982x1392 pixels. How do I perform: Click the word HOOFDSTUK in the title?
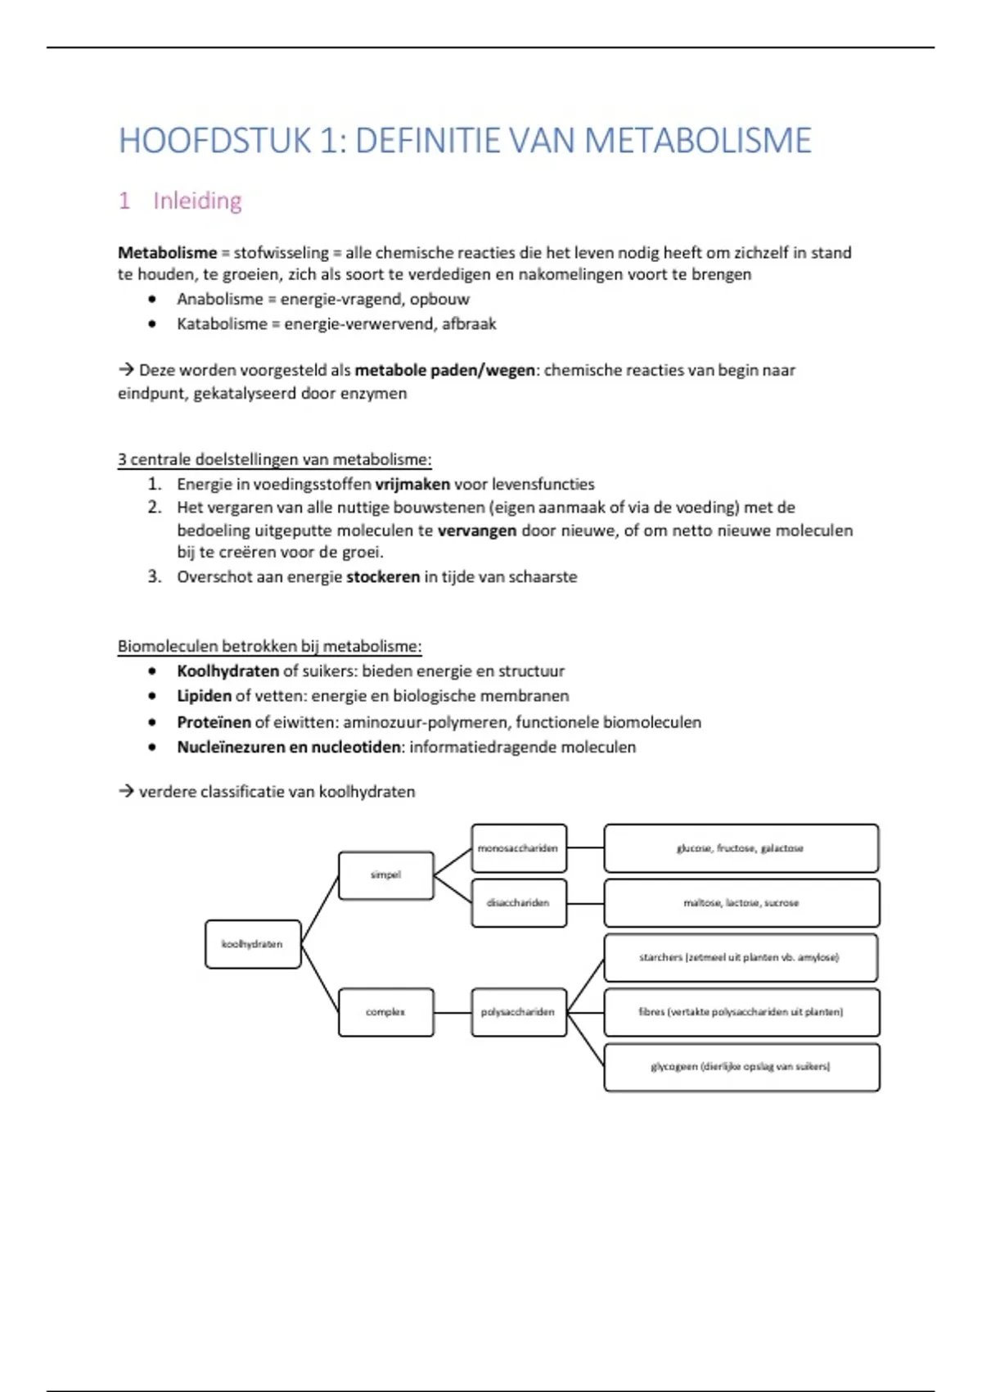pos(215,141)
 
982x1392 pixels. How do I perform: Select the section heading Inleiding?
pos(197,201)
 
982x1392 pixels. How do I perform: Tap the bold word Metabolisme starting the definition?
pos(167,253)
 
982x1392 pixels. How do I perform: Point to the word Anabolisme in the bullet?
pos(219,300)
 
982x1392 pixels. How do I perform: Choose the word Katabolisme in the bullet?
pos(222,324)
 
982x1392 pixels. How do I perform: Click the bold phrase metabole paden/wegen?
pos(444,370)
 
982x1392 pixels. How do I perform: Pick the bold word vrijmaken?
pos(412,485)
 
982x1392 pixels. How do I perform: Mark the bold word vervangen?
pos(477,531)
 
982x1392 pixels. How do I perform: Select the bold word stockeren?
pos(383,577)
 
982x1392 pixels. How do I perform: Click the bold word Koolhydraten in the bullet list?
pos(227,671)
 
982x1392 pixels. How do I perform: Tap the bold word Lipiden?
pos(204,696)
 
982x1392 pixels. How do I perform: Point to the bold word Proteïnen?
pos(214,722)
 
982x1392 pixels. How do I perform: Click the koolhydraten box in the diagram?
pos(253,944)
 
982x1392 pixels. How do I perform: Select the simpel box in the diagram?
pos(385,875)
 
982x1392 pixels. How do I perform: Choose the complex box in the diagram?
pos(385,1012)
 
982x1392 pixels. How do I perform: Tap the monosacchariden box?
pos(519,848)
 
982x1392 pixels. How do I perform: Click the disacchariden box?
pos(519,903)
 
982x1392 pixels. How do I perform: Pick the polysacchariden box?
pos(519,1012)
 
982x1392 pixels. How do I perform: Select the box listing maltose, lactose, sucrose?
pos(741,903)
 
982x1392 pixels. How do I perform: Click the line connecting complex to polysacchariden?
pos(453,1013)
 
